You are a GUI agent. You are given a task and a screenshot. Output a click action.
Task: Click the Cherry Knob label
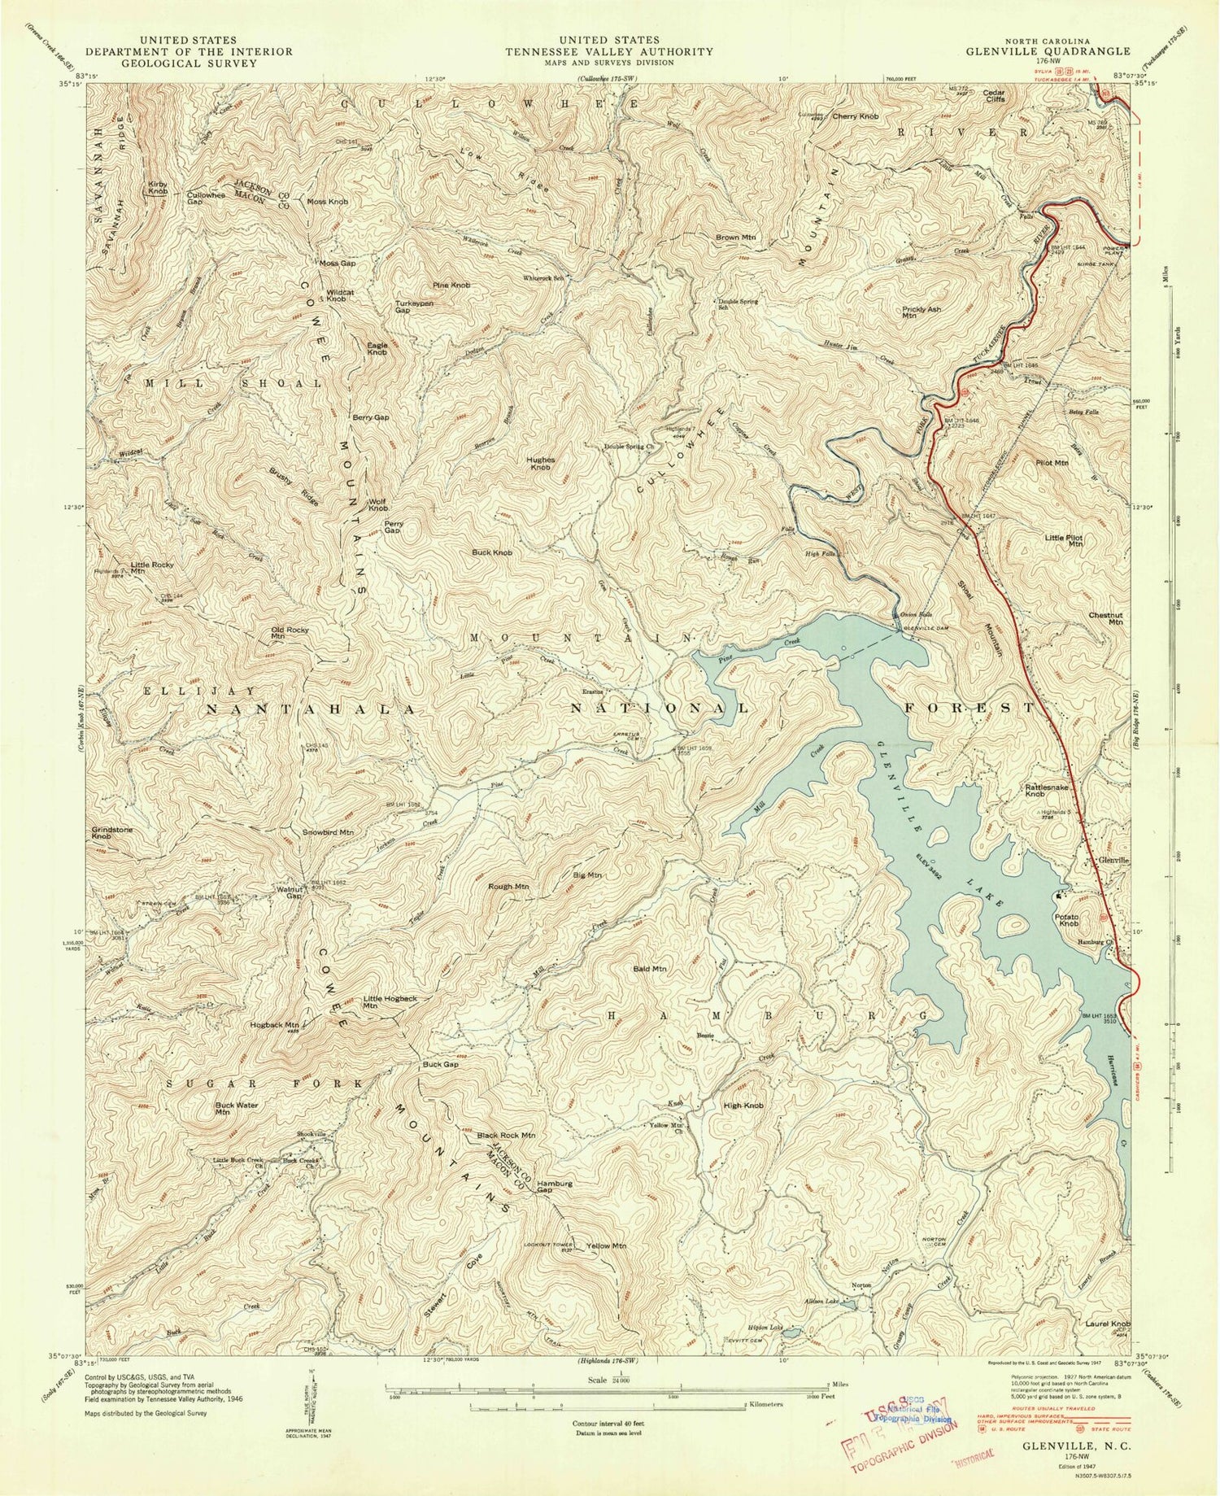tap(855, 116)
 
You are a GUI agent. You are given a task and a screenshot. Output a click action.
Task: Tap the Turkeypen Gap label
tap(413, 305)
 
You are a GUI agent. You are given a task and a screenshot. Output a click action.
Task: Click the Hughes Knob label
tap(542, 463)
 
